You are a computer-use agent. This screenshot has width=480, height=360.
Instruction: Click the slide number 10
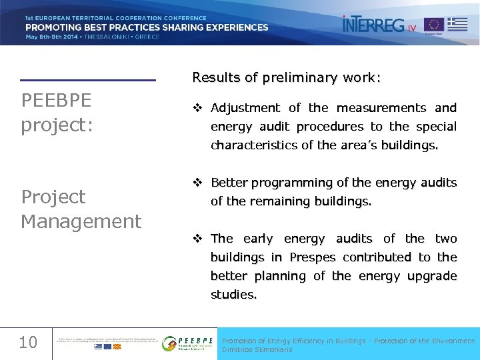tap(28, 343)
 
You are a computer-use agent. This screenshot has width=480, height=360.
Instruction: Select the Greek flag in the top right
tap(457, 25)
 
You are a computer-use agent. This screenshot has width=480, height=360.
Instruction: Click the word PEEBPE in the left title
tap(57, 101)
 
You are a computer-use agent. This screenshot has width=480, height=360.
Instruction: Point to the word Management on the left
tap(81, 221)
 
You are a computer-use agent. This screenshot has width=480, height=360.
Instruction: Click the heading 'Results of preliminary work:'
tap(287, 77)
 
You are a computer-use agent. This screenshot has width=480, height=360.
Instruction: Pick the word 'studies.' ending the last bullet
tap(234, 295)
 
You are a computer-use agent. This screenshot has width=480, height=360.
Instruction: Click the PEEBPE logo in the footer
tap(188, 343)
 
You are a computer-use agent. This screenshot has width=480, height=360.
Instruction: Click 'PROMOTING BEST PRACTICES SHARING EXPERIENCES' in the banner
tap(147, 27)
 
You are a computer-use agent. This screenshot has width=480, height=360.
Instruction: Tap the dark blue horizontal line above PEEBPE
tap(87, 81)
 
